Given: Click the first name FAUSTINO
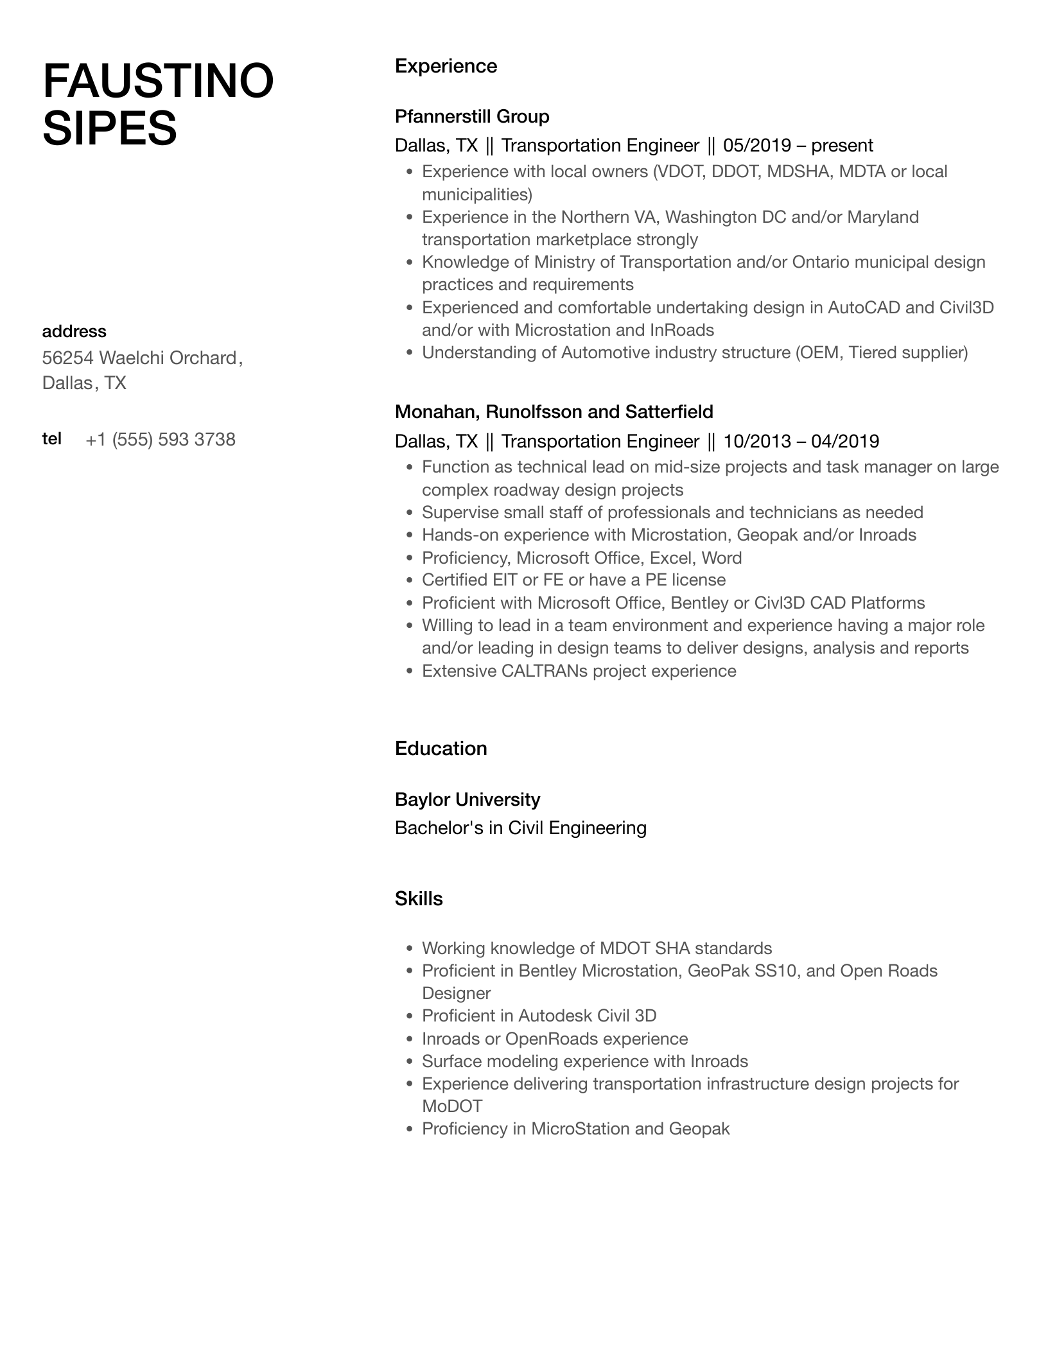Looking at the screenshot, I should [x=158, y=82].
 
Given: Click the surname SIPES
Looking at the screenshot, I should [x=109, y=128].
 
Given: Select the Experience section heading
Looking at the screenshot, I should [x=446, y=66].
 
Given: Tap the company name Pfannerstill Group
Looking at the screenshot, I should [x=472, y=116].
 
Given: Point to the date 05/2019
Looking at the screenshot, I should [x=757, y=146].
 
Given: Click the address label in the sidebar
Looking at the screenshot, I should [x=74, y=331].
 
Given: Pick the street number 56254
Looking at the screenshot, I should [x=67, y=358].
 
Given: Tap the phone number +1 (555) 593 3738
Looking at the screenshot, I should [x=161, y=440].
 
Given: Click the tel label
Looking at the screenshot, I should [x=52, y=439].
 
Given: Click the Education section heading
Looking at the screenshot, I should [x=441, y=749].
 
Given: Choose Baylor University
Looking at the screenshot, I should [x=467, y=799].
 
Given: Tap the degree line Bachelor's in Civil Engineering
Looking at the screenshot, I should [x=520, y=828].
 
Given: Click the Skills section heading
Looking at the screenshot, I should [x=419, y=899].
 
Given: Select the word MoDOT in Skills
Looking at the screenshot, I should [x=451, y=1106].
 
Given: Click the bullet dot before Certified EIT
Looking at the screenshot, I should [x=409, y=580].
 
